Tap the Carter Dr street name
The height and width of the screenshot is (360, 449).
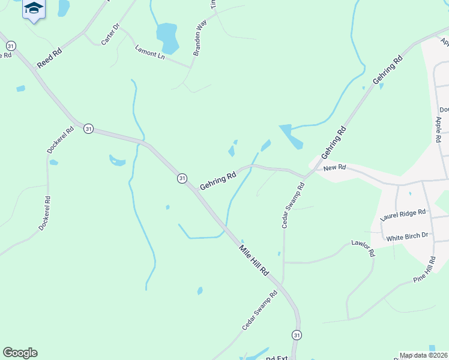112,36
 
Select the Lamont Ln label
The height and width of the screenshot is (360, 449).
149,53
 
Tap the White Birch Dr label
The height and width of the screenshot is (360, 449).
407,238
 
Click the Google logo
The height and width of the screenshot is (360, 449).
20,353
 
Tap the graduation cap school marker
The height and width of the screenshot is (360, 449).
34,9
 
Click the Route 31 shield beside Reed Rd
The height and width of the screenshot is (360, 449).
11,46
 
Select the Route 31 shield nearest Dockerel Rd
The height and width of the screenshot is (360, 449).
88,128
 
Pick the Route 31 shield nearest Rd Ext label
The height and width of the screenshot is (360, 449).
296,334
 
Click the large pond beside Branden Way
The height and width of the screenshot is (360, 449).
167,37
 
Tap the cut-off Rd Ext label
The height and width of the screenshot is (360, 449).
277,358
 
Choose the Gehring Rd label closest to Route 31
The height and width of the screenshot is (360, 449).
218,182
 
